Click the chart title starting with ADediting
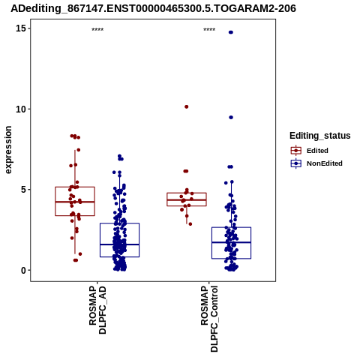coord(153,8)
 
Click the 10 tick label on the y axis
coord(21,109)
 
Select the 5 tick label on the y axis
coord(23,190)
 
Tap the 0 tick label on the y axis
coord(23,270)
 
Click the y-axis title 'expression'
coord(8,150)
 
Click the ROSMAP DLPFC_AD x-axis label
coord(97,310)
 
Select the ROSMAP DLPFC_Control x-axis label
coord(209,319)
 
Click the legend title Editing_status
coord(320,136)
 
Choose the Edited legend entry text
coord(317,151)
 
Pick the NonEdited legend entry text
coord(325,163)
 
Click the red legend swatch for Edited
coord(296,151)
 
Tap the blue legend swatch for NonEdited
coord(296,163)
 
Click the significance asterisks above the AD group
coord(97,30)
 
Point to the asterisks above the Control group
coord(209,30)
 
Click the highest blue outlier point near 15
coord(231,32)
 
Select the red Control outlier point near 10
coord(186,106)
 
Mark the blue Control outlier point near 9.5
coord(231,117)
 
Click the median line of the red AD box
coord(75,202)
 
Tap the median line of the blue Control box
coord(231,242)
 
